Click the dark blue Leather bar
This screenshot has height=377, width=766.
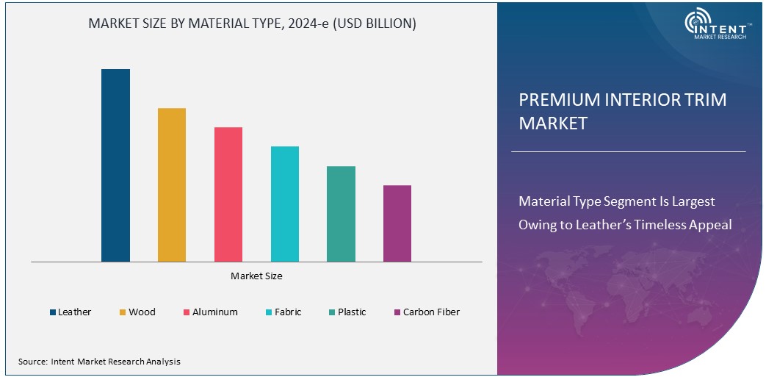[x=115, y=165]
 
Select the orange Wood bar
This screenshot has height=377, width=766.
[x=172, y=184]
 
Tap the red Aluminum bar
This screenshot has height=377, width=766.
[x=228, y=194]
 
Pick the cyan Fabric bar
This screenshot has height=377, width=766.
[x=285, y=204]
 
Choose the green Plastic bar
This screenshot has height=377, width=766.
[x=341, y=214]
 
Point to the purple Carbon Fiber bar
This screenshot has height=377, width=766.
[x=397, y=223]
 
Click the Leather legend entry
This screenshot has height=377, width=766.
[x=71, y=312]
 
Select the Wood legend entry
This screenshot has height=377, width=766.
[x=137, y=312]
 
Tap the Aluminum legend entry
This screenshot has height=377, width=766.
[x=210, y=312]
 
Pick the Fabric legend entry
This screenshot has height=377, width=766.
[x=283, y=312]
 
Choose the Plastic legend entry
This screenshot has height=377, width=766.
[x=347, y=312]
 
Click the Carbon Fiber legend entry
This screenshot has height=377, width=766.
[x=426, y=312]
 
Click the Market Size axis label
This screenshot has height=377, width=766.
[x=256, y=276]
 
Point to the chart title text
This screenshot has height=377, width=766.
[x=252, y=24]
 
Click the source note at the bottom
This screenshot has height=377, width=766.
[x=99, y=362]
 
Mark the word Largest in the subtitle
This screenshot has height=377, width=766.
[x=690, y=201]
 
